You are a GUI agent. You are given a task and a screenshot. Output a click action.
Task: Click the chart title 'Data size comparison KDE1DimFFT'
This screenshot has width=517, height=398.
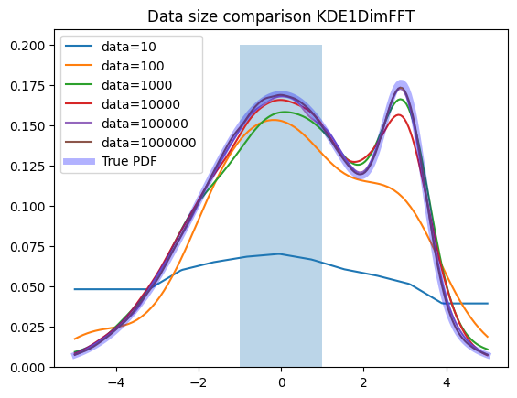pos(281,16)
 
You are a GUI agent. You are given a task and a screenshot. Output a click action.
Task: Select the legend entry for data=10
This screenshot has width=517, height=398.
pos(111,47)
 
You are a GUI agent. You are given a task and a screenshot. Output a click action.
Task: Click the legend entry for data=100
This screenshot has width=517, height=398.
pos(114,66)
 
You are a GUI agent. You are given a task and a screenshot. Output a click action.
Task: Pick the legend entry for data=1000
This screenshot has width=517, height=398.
pos(118,85)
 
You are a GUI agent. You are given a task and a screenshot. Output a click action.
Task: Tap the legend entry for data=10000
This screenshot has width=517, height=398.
pos(123,104)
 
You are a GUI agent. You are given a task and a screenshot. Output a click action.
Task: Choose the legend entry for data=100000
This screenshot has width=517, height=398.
pos(126,123)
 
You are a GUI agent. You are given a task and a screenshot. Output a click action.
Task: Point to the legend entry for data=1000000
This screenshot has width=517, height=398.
pos(130,142)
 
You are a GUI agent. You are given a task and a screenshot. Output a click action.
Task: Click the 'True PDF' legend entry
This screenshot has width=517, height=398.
pos(110,161)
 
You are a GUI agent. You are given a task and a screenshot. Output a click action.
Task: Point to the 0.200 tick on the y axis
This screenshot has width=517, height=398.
pos(27,46)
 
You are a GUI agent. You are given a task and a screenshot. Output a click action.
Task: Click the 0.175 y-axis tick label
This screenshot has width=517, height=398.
pos(27,86)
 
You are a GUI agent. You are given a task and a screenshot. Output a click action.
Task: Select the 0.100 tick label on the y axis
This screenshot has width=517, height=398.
pos(27,207)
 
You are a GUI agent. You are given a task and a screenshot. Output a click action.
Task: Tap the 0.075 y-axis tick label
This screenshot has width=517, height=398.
pos(27,247)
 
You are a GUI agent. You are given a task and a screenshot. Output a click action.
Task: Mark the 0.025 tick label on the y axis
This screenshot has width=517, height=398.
pos(27,328)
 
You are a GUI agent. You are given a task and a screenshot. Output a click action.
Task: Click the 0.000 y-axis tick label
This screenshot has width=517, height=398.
pos(27,368)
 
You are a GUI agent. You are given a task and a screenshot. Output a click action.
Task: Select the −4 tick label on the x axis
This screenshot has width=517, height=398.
pos(116,382)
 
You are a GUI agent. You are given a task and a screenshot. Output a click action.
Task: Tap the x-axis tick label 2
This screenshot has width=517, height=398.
pos(363,382)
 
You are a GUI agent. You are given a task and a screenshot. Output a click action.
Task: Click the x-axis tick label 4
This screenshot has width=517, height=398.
pos(447,382)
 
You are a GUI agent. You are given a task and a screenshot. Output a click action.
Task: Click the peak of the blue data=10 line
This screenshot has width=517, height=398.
pos(279,253)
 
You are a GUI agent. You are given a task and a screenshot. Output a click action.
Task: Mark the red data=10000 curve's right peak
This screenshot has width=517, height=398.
pos(399,114)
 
